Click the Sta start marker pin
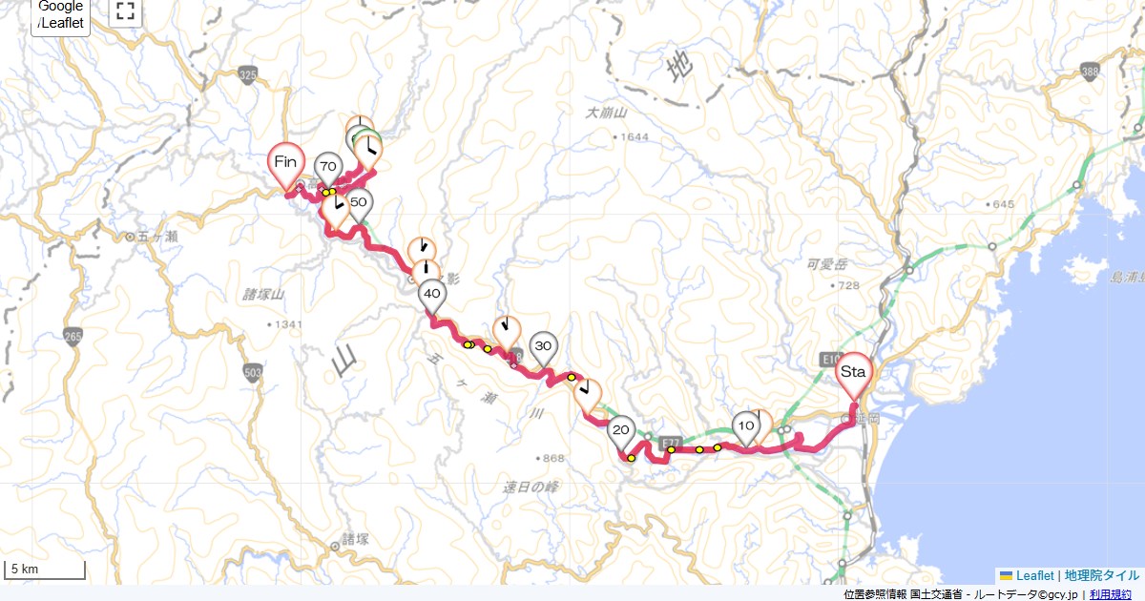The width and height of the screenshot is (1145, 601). (x=852, y=372)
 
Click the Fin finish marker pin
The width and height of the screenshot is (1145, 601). (x=285, y=162)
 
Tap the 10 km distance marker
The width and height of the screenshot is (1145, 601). (x=746, y=425)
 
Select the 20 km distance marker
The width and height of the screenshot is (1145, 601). (x=621, y=430)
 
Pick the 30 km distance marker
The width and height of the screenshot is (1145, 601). (x=543, y=346)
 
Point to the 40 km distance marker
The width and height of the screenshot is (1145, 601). (x=431, y=295)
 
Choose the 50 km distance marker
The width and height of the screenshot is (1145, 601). (x=359, y=202)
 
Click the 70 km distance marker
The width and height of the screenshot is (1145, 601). (x=328, y=168)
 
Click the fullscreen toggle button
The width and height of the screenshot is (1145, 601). (x=125, y=11)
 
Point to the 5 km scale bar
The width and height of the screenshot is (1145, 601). (x=45, y=570)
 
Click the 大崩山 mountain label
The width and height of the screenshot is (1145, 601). (x=605, y=114)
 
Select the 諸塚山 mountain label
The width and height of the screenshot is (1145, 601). (x=264, y=295)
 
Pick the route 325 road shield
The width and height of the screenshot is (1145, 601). (x=249, y=74)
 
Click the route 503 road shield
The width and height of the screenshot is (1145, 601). (x=252, y=371)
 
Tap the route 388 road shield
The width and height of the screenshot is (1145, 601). (x=1090, y=70)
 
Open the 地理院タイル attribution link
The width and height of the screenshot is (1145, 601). (x=1101, y=575)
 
